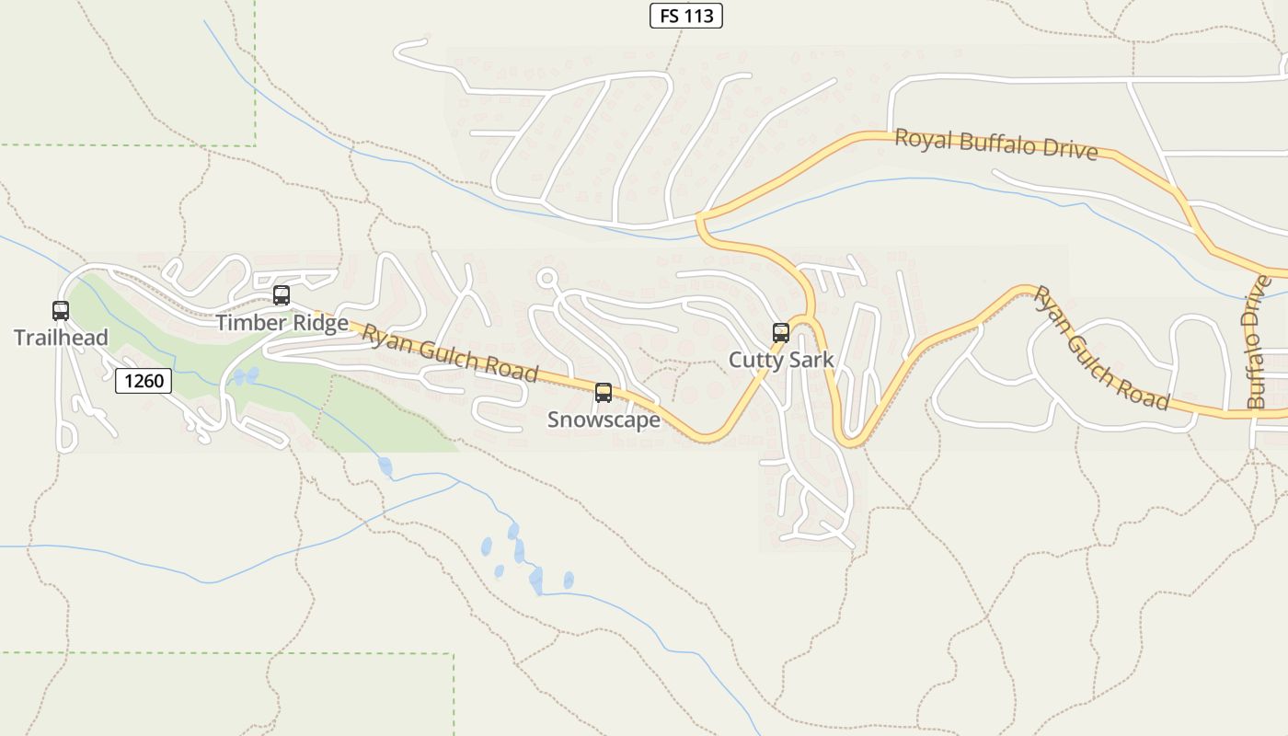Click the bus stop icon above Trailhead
click(61, 311)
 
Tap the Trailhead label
click(61, 338)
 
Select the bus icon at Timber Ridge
click(282, 295)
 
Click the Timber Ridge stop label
click(282, 323)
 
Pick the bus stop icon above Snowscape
click(604, 393)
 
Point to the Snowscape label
click(604, 420)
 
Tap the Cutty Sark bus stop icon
click(781, 333)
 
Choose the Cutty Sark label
click(781, 360)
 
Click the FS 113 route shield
click(686, 16)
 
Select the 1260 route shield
click(144, 380)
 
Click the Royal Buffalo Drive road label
click(996, 144)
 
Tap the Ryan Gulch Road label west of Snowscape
click(449, 352)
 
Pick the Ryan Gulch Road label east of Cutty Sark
click(1100, 348)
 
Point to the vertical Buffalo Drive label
click(1257, 341)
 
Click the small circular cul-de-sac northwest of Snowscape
click(547, 277)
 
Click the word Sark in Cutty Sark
click(811, 360)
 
